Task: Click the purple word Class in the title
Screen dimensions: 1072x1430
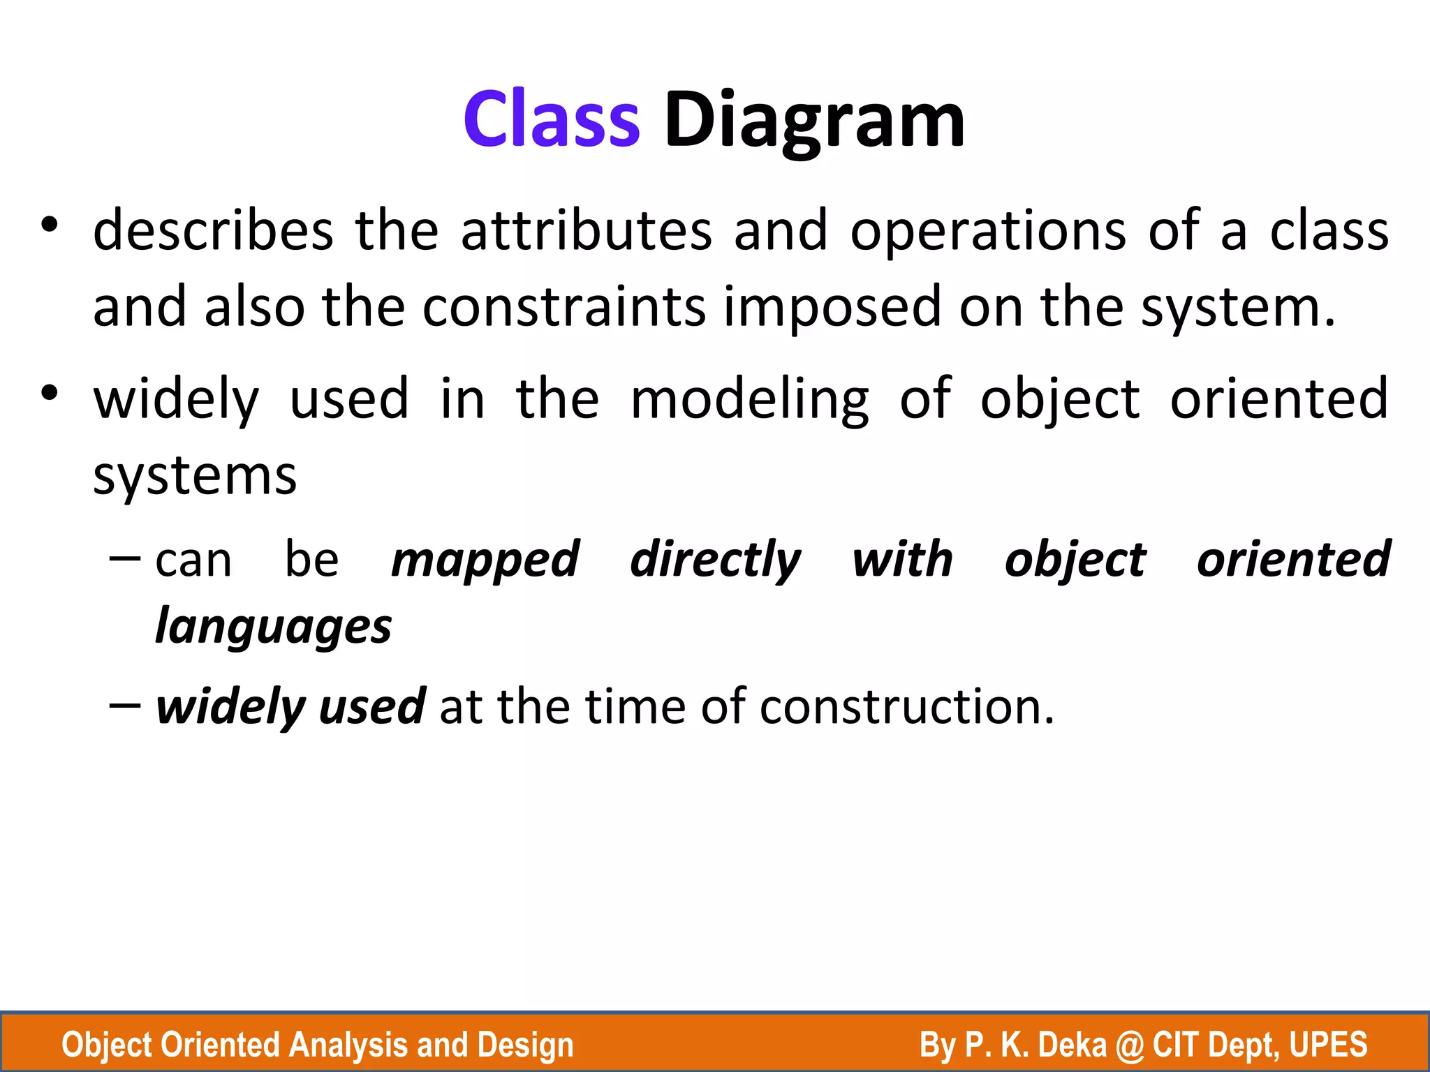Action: click(x=552, y=120)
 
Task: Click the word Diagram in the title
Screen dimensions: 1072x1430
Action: click(x=814, y=120)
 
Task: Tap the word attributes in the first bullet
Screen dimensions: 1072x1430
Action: click(x=586, y=231)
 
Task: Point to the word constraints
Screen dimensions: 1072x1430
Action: click(x=564, y=307)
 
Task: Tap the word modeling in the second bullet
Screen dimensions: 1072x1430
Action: click(x=749, y=400)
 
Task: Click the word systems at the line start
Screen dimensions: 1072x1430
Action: click(x=195, y=477)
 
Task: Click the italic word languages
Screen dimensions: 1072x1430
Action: click(x=273, y=627)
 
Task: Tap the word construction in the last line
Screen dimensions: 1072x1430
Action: click(x=906, y=707)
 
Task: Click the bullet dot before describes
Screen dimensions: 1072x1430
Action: click(x=49, y=225)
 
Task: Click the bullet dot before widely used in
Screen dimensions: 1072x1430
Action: click(x=49, y=394)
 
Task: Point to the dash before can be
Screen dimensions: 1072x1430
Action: click(x=126, y=559)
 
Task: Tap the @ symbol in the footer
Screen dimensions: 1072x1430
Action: click(x=1129, y=1045)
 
